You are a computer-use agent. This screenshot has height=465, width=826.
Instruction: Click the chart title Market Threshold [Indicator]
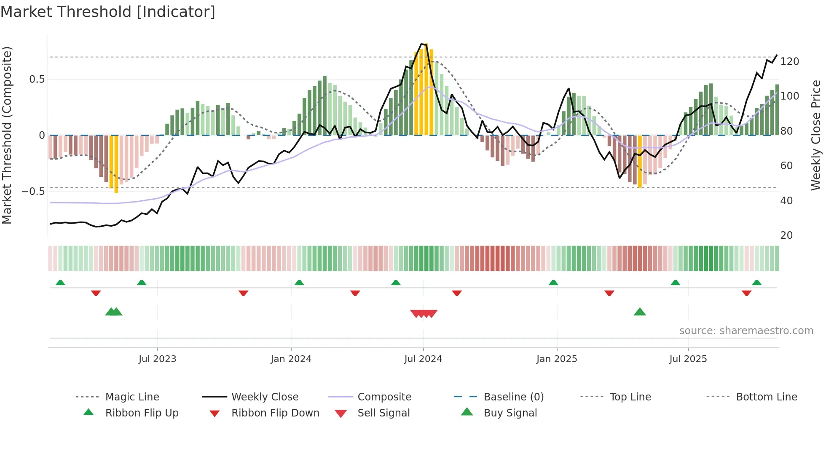108,12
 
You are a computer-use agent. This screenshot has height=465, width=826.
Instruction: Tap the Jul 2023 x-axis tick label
157,359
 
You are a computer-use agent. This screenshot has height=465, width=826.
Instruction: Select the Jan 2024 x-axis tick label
291,359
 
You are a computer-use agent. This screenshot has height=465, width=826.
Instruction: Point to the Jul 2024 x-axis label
423,359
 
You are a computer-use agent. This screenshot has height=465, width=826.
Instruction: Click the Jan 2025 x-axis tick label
557,359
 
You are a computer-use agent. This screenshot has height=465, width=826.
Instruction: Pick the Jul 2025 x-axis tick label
688,359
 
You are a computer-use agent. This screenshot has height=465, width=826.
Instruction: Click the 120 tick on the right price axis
789,62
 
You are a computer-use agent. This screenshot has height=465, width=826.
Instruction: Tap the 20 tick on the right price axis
786,235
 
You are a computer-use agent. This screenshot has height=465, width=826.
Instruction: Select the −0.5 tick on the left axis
33,192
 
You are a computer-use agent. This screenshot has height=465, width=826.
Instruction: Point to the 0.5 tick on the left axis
37,79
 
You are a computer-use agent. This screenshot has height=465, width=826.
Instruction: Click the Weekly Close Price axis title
816,135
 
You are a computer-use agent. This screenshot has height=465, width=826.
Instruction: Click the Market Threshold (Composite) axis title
7,135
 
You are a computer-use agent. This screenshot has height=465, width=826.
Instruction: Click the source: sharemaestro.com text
746,331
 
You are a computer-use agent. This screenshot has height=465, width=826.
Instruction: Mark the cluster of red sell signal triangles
424,314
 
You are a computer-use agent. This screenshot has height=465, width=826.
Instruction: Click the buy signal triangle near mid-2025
640,312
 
